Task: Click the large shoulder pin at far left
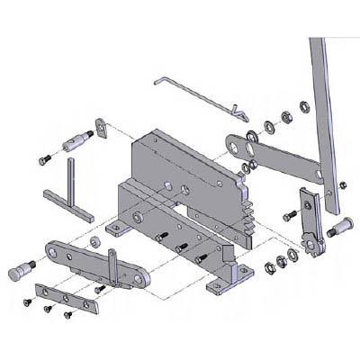coord(19,269)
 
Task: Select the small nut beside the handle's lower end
coord(343,184)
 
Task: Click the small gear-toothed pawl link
coord(310,220)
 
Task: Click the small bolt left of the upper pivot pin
coord(44,159)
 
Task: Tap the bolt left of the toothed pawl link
coord(289,216)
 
